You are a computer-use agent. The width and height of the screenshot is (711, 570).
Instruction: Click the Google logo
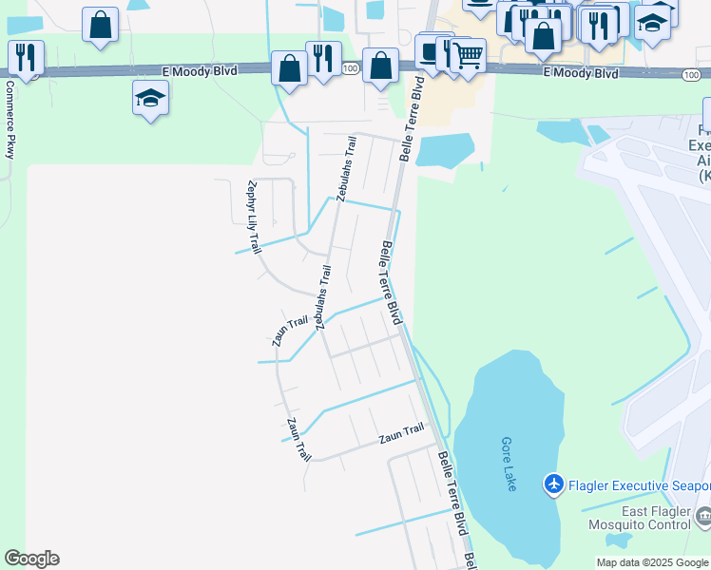pyautogui.click(x=31, y=559)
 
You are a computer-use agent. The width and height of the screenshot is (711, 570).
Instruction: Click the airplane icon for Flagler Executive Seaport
pyautogui.click(x=554, y=485)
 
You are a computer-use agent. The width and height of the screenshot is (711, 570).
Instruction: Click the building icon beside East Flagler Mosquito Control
pyautogui.click(x=703, y=517)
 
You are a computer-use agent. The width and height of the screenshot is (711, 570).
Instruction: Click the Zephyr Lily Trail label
pyautogui.click(x=253, y=217)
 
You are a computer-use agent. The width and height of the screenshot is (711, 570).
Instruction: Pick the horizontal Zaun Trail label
pyautogui.click(x=401, y=435)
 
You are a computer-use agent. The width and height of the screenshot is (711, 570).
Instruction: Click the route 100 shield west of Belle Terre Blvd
pyautogui.click(x=350, y=68)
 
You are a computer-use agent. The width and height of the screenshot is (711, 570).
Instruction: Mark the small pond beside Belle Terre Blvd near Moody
pyautogui.click(x=445, y=150)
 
